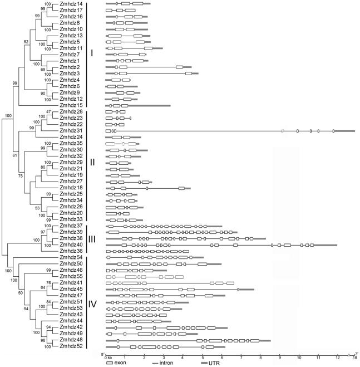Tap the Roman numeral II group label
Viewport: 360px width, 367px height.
click(x=92, y=163)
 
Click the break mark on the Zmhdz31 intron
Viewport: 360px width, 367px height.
click(x=283, y=131)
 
